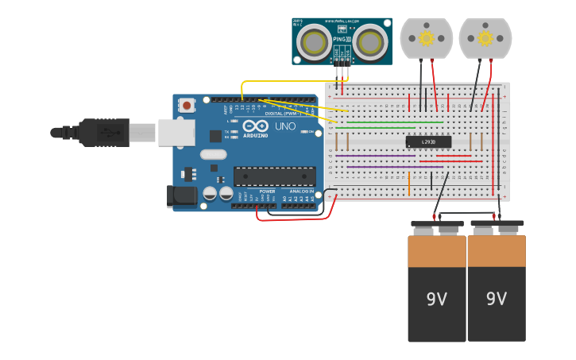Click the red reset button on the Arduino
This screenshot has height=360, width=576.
tap(187, 105)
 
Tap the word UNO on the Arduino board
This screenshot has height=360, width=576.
tap(284, 126)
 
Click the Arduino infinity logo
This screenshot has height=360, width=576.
tap(256, 126)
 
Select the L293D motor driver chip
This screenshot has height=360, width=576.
tap(428, 141)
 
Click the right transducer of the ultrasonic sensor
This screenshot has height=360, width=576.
tap(368, 41)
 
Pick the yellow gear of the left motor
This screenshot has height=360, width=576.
tap(427, 38)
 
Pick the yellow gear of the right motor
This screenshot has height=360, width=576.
tap(485, 38)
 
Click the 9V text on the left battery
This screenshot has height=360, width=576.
tap(437, 300)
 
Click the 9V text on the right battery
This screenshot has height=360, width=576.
tap(497, 300)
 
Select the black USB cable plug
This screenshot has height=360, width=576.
tap(103, 133)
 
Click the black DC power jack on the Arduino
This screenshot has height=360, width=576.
tap(182, 196)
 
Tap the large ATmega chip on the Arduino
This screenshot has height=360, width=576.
tap(273, 176)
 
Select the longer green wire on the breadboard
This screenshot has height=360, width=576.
tap(389, 122)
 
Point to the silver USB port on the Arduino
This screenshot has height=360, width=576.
tap(176, 133)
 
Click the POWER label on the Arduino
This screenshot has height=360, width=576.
tap(267, 192)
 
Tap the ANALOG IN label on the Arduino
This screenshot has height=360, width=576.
tap(301, 192)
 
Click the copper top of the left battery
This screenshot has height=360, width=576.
tap(437, 250)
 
